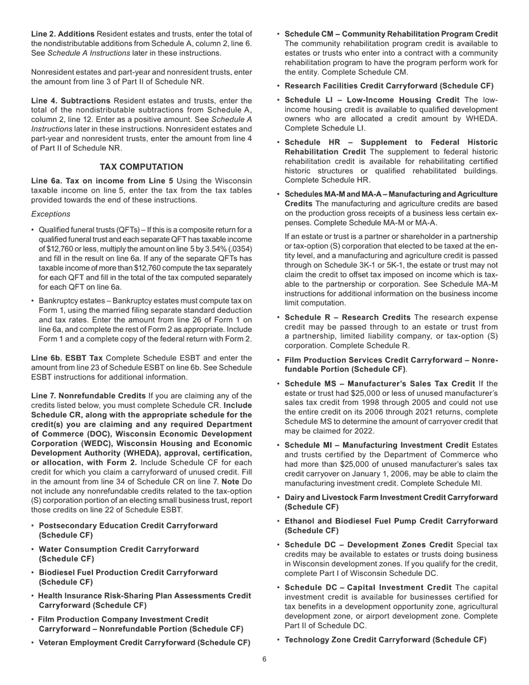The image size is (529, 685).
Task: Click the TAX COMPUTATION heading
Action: pyautogui.click(x=141, y=167)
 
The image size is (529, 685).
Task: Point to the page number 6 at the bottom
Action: pyautogui.click(x=264, y=659)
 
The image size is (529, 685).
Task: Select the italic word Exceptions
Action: pyautogui.click(x=51, y=214)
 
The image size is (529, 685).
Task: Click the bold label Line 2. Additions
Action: pyautogui.click(x=62, y=34)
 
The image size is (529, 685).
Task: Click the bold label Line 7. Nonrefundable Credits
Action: pyautogui.click(x=87, y=396)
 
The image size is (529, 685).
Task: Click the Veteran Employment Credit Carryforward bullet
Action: pyautogui.click(x=144, y=643)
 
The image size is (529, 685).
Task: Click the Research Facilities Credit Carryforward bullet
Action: pyautogui.click(x=389, y=86)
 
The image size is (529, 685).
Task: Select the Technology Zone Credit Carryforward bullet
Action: pyautogui.click(x=385, y=640)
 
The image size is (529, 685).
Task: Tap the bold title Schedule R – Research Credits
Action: pyautogui.click(x=347, y=317)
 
